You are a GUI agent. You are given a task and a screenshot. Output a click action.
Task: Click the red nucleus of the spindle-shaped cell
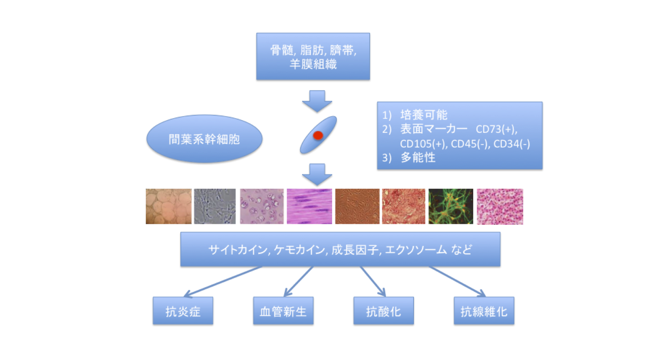click(x=318, y=135)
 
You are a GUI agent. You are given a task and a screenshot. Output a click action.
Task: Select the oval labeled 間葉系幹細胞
click(x=204, y=139)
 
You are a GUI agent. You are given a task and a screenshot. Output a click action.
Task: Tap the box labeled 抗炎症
click(x=183, y=311)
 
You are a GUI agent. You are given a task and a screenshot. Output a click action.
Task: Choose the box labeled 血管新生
click(x=283, y=311)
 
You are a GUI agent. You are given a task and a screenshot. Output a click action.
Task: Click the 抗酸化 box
click(x=384, y=311)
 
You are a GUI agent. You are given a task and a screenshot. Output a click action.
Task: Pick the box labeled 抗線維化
click(x=484, y=311)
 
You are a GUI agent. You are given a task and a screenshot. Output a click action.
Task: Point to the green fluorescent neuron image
click(x=451, y=206)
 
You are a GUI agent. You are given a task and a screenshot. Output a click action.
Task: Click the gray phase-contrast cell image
click(x=215, y=206)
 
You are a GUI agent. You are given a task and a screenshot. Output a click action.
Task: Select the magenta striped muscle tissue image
click(x=310, y=206)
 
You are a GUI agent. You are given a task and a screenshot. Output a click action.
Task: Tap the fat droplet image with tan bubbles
click(x=169, y=206)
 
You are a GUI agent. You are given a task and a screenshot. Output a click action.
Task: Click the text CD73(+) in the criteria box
click(x=496, y=129)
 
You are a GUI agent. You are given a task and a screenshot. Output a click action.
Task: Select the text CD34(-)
click(x=512, y=144)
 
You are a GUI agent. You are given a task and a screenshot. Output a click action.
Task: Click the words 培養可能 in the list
click(x=423, y=115)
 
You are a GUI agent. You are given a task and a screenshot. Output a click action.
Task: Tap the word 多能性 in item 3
click(x=418, y=158)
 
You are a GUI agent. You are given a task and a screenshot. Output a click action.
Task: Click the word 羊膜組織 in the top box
click(x=313, y=64)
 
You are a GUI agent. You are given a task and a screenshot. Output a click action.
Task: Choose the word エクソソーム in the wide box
click(x=416, y=250)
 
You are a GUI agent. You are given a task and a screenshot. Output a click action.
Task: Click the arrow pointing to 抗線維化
click(x=457, y=281)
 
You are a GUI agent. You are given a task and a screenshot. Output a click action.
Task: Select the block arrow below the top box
click(x=317, y=101)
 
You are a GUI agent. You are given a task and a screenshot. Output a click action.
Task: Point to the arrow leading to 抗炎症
click(x=223, y=281)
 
